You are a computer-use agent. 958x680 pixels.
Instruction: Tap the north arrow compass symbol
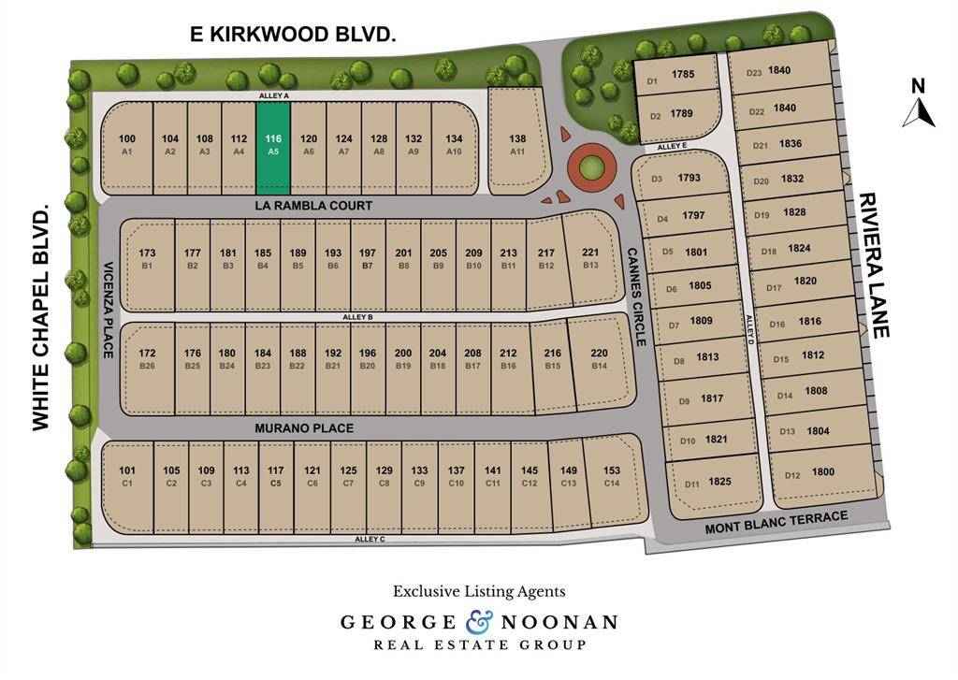[x=918, y=104]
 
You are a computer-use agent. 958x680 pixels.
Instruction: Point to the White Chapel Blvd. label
[x=41, y=319]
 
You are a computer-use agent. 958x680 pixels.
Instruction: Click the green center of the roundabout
[x=590, y=168]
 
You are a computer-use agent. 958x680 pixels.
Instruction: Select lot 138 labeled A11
[x=517, y=144]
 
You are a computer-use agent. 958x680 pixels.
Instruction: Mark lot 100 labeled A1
[x=127, y=144]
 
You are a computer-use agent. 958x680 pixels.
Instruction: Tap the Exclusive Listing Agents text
[x=479, y=591]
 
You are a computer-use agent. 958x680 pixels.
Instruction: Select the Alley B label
[x=358, y=318]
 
